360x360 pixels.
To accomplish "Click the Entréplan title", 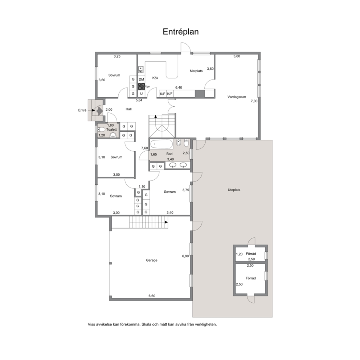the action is coord(181,32).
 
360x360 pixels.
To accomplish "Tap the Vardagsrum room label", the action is coord(237,97).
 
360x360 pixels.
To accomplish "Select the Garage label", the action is coord(152,260).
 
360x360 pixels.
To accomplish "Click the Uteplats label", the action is coord(234,190).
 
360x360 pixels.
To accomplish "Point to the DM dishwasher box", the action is coord(142,79).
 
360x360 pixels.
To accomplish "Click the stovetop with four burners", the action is coord(142,87).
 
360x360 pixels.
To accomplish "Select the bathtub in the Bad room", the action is coord(161,144).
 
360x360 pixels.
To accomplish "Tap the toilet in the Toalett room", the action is coord(101,130).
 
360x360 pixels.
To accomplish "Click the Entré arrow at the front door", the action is coord(99,111).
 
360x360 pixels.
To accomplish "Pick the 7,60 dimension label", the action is coord(144,148).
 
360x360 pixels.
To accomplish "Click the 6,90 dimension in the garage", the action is coord(185,256).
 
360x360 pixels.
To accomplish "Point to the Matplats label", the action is coord(196,71).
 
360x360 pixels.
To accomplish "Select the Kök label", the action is coord(155,78).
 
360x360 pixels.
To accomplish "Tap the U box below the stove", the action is coord(142,94).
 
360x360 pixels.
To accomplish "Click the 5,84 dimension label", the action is coord(139,100).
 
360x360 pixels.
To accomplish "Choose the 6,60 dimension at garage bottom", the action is coord(152,296).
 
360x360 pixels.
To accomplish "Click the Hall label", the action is coord(128,109).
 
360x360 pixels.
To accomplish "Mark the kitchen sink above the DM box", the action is coord(141,70).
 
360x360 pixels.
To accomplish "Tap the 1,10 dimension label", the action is coord(142,187).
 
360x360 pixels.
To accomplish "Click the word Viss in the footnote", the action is coord(91,324).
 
